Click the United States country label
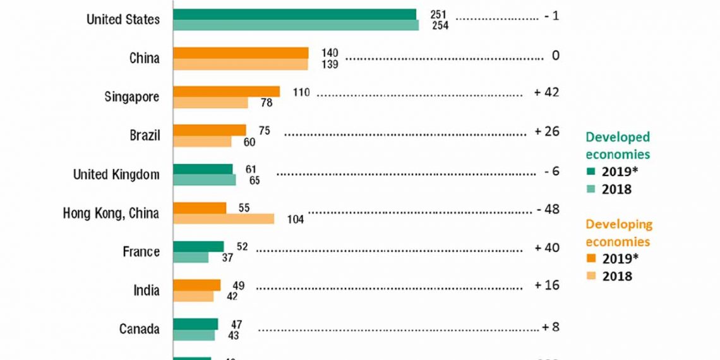123,20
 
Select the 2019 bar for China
241,53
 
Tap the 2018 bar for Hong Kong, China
224,219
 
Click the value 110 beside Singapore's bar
301,93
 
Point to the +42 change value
546,92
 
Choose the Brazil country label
145,136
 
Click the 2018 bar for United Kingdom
204,180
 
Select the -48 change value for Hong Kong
547,209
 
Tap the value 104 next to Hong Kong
295,220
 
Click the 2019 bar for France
198,246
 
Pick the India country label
146,291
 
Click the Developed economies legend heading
618,145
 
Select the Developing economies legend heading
619,232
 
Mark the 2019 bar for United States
294,15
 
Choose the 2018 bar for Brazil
202,141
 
